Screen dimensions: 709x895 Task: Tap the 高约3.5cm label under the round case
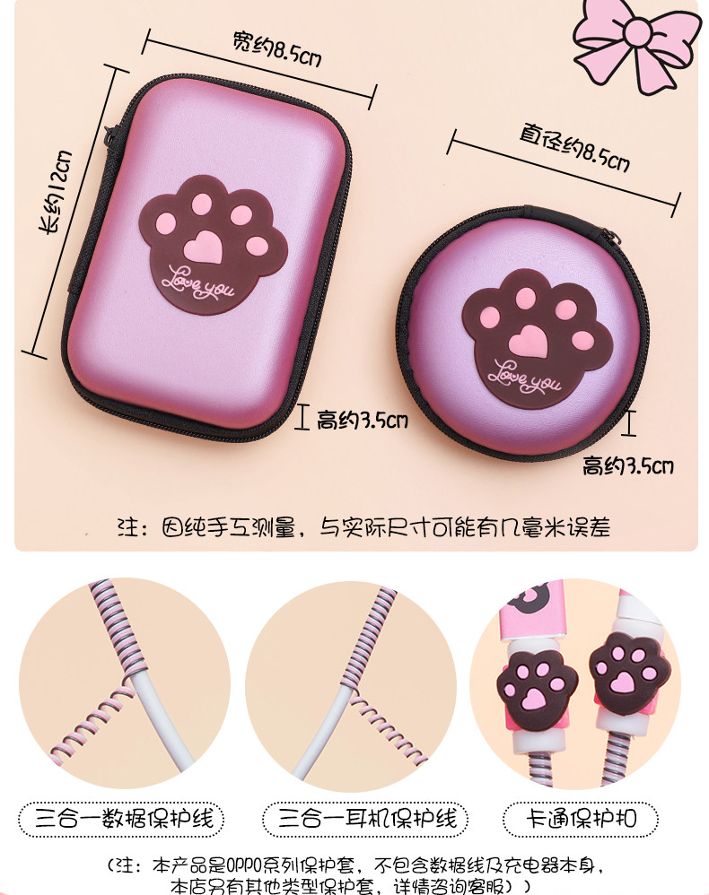coord(627,465)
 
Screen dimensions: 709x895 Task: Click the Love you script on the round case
coord(527,376)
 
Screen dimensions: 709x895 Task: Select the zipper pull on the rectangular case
coord(111,135)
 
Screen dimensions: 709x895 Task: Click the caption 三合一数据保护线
coord(121,819)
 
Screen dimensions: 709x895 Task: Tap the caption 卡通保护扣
coord(592,819)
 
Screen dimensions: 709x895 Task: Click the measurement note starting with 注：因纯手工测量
coord(364,526)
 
